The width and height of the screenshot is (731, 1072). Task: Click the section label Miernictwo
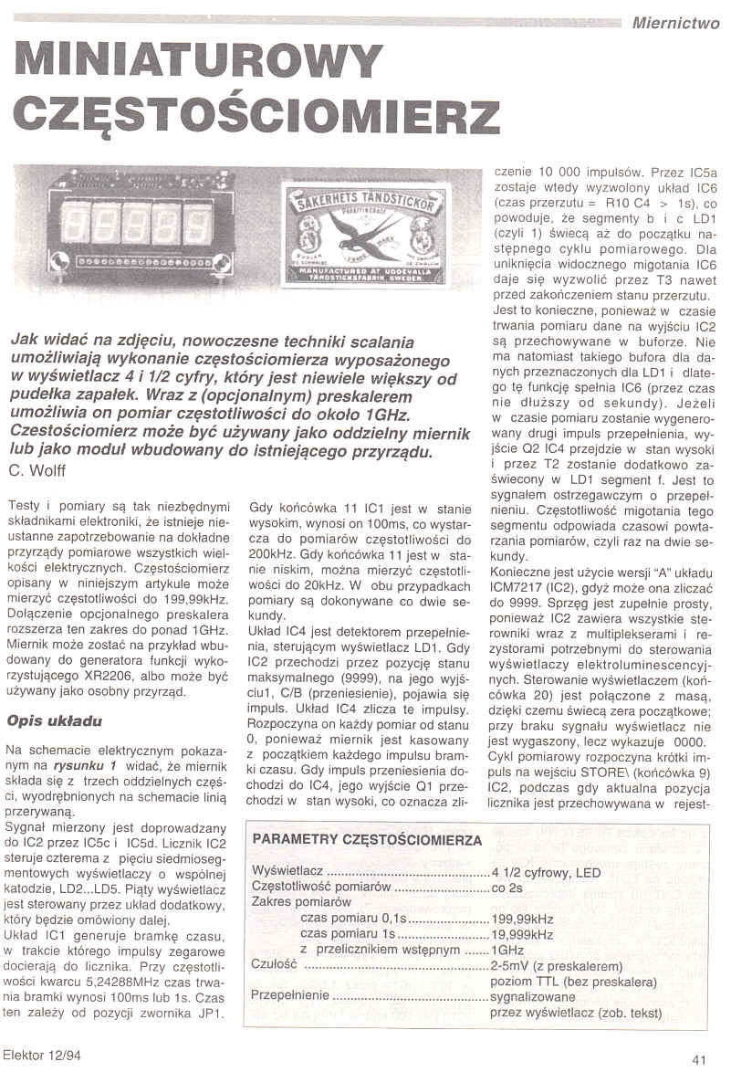pos(674,24)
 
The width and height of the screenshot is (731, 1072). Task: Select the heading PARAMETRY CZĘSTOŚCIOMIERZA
pos(368,838)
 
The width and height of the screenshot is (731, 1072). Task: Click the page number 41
pos(700,1059)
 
